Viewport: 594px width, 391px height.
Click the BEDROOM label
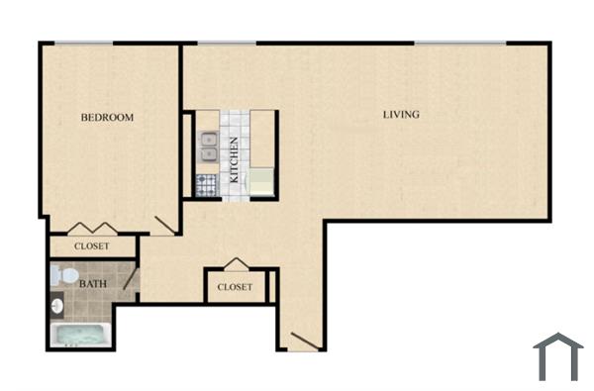[x=107, y=118]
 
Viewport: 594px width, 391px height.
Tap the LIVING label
[x=401, y=115]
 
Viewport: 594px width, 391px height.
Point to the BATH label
[x=93, y=281]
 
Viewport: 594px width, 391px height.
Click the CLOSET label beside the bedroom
[x=91, y=246]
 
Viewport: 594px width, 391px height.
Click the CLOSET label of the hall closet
[x=234, y=288]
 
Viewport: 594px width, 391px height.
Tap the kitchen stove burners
[x=208, y=184]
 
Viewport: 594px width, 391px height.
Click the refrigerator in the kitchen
[x=261, y=182]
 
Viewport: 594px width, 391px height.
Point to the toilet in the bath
[x=58, y=273]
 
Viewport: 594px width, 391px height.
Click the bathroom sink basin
[x=56, y=303]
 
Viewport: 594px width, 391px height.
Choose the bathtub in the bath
[x=80, y=335]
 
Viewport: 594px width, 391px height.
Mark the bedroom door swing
[x=165, y=225]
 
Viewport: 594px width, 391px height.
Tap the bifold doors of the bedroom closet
[x=91, y=227]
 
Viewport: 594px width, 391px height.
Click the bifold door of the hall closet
[x=234, y=264]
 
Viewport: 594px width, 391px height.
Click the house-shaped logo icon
[x=558, y=356]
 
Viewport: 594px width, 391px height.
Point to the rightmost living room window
[x=459, y=43]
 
